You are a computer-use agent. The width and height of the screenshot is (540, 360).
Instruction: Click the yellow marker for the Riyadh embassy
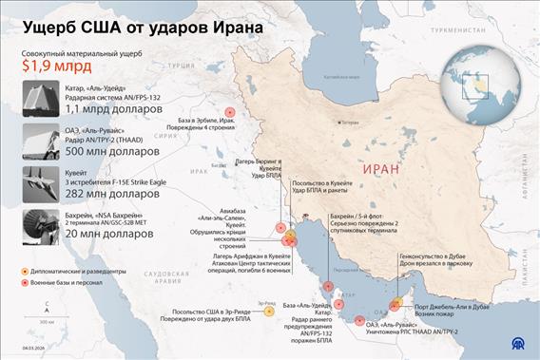pyautogui.click(x=268, y=310)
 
